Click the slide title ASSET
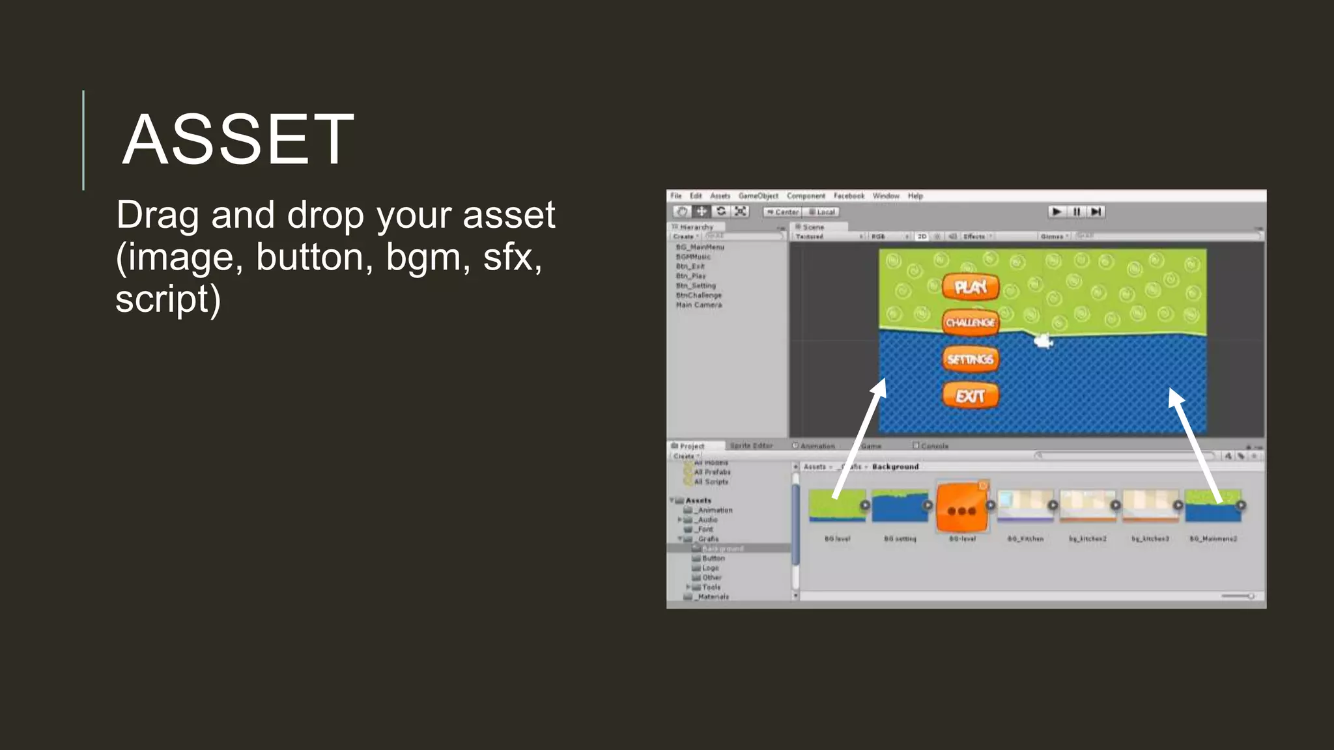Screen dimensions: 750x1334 coord(238,139)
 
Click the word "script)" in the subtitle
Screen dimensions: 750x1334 coord(168,299)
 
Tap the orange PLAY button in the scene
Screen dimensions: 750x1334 coord(971,287)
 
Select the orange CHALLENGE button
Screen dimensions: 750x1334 coord(971,322)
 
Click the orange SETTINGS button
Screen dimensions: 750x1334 coord(971,359)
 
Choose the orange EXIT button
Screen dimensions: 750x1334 coord(971,396)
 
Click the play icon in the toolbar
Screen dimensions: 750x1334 coord(1057,212)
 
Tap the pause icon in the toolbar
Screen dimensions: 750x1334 coord(1077,212)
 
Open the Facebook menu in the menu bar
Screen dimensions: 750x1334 coord(849,196)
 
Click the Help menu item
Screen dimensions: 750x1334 coord(915,196)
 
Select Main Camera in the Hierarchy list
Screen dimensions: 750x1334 coord(699,305)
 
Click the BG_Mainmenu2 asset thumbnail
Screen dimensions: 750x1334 coord(1213,507)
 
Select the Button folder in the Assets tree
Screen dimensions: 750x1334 coord(713,558)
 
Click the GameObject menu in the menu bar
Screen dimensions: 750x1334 coord(758,196)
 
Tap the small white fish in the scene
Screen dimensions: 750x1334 coord(1043,340)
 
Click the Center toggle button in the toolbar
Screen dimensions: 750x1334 coord(782,212)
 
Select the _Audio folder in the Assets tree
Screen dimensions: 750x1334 coord(707,520)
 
